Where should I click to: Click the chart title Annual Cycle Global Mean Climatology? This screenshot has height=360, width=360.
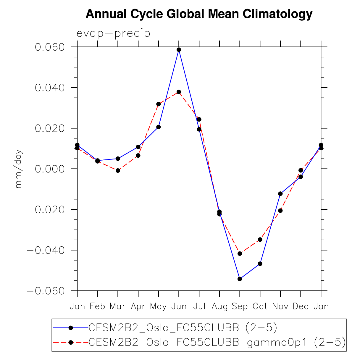(x=199, y=14)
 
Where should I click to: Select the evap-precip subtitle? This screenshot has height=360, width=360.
(x=113, y=33)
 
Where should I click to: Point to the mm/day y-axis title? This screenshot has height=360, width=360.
(x=19, y=169)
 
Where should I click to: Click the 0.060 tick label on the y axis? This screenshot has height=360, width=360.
(x=50, y=47)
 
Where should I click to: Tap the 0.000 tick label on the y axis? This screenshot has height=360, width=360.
(x=50, y=169)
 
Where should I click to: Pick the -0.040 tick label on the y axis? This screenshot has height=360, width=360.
(x=46, y=250)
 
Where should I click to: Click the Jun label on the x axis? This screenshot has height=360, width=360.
(x=179, y=306)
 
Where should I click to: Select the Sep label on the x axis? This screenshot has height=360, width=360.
(x=240, y=306)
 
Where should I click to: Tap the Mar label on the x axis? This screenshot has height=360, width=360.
(x=118, y=306)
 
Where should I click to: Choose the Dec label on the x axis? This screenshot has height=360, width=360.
(x=301, y=306)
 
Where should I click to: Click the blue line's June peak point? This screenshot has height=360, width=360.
(x=179, y=50)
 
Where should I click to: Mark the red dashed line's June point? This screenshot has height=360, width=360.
(x=179, y=92)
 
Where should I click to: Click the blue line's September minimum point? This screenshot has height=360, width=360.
(x=240, y=279)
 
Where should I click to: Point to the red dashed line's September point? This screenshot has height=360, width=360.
(x=240, y=254)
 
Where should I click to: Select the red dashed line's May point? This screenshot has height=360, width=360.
(x=159, y=104)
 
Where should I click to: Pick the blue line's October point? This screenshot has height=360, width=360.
(x=260, y=264)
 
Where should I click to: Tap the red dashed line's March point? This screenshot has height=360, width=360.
(x=118, y=170)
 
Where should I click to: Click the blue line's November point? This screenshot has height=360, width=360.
(x=280, y=193)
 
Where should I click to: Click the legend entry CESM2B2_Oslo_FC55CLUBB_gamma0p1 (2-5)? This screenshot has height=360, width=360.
(x=217, y=342)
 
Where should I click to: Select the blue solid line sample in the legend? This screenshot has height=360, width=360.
(x=70, y=327)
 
